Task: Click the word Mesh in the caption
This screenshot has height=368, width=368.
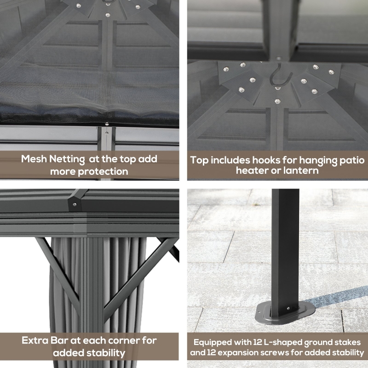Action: click(34, 159)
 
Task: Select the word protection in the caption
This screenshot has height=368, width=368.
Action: click(103, 172)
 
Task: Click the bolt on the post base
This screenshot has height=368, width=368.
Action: click(288, 308)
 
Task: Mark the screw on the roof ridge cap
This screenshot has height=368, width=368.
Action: click(75, 204)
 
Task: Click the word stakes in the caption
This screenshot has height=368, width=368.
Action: click(348, 343)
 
